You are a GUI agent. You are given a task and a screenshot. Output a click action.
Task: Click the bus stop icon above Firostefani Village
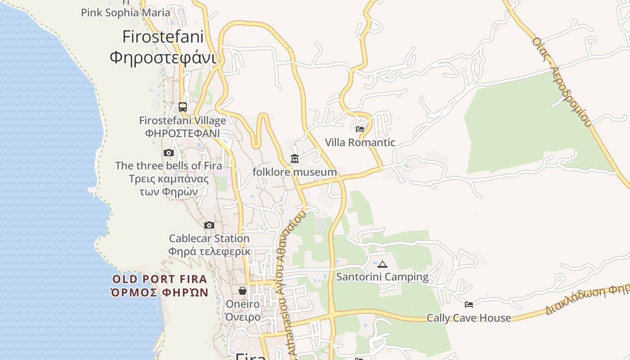pyautogui.click(x=183, y=107)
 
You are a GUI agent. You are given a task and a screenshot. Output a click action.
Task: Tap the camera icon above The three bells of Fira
pyautogui.click(x=169, y=153)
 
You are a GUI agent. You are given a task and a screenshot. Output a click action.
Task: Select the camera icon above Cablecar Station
pyautogui.click(x=209, y=225)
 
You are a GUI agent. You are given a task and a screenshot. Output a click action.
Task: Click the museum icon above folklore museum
pyautogui.click(x=295, y=159)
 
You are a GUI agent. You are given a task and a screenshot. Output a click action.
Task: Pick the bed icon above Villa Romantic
pyautogui.click(x=360, y=129)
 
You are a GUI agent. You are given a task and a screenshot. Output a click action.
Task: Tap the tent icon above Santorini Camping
pyautogui.click(x=382, y=264)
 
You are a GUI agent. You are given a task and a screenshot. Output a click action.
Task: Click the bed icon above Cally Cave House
pyautogui.click(x=469, y=305)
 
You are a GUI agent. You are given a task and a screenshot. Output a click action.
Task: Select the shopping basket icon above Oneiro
pyautogui.click(x=243, y=291)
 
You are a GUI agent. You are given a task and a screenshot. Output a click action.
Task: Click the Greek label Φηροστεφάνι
pyautogui.click(x=163, y=58)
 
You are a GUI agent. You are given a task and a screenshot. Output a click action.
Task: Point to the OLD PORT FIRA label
pyautogui.click(x=159, y=279)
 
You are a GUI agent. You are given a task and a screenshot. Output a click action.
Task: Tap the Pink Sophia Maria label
pyautogui.click(x=126, y=13)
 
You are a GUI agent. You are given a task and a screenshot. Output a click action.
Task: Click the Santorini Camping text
pyautogui.click(x=382, y=277)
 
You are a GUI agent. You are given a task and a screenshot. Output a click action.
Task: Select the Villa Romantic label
pyautogui.click(x=360, y=143)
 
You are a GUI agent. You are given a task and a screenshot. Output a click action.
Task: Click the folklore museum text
pyautogui.click(x=295, y=172)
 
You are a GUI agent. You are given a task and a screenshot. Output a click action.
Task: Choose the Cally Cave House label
pyautogui.click(x=469, y=318)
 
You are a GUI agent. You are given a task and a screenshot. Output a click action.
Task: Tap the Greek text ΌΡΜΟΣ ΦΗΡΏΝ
pyautogui.click(x=159, y=292)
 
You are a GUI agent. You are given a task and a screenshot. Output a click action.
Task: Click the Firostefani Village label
pyautogui.click(x=183, y=121)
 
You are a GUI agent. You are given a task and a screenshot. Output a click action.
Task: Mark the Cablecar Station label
pyautogui.click(x=209, y=238)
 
